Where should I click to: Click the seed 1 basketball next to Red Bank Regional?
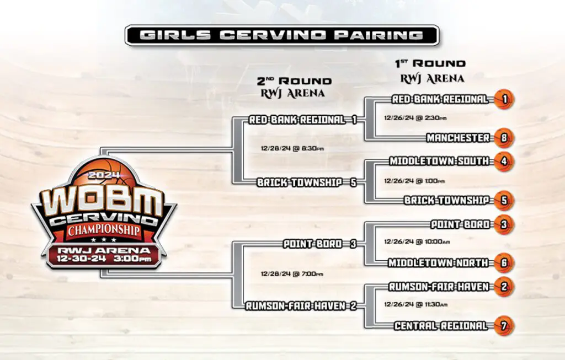pos(504,99)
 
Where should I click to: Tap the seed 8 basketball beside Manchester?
pos(504,137)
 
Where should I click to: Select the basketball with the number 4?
pos(504,162)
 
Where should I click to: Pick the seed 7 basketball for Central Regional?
pos(504,326)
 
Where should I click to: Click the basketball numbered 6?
pos(504,263)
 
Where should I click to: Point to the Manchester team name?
pos(458,137)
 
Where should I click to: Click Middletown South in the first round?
pos(439,161)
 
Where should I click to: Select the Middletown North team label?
pos(438,263)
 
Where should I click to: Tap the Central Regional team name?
pos(441,326)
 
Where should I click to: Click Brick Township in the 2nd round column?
pos(300,182)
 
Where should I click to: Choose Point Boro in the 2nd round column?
pos(312,244)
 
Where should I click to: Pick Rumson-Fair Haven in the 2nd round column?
pos(296,306)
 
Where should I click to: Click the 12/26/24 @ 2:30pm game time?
pos(415,118)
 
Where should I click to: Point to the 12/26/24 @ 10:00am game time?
pos(417,241)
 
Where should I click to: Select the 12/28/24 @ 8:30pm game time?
pos(292,148)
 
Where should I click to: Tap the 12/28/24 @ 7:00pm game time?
pos(292,274)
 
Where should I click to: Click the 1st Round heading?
pos(430,64)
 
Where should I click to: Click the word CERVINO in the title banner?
pos(273,35)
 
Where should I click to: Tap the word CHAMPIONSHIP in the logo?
pos(104,230)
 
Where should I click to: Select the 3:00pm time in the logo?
pos(132,259)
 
